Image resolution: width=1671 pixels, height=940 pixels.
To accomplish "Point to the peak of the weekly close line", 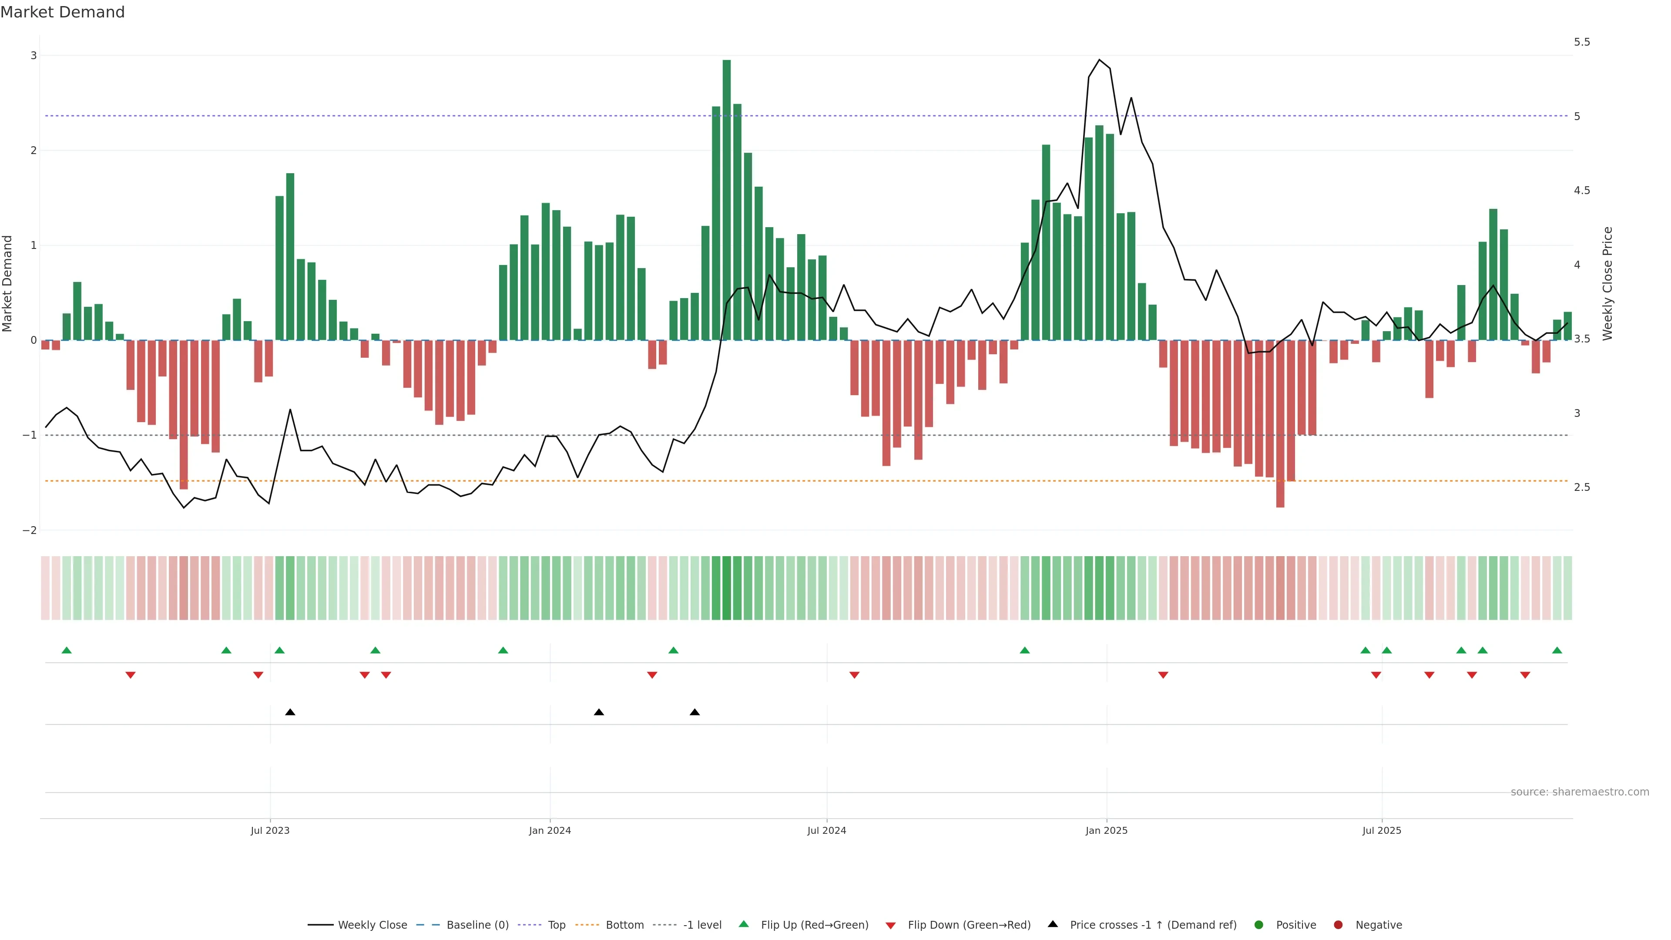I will coord(1099,60).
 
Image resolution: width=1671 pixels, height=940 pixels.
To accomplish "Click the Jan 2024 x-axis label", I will coord(550,830).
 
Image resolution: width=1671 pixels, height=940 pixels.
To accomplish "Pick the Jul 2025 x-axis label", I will coord(1381,830).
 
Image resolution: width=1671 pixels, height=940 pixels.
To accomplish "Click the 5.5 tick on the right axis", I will coord(1581,42).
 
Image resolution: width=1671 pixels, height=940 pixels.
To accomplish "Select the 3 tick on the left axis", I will coord(34,56).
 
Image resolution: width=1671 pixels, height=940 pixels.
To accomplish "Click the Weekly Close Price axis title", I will coord(1607,283).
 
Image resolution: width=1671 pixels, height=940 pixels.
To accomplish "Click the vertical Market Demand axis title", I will coord(8,283).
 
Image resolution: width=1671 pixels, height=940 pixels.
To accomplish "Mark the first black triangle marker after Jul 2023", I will coord(290,712).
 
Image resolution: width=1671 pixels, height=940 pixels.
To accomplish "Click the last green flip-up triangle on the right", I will coord(1557,651).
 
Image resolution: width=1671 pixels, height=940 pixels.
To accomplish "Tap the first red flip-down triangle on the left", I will coord(131,675).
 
